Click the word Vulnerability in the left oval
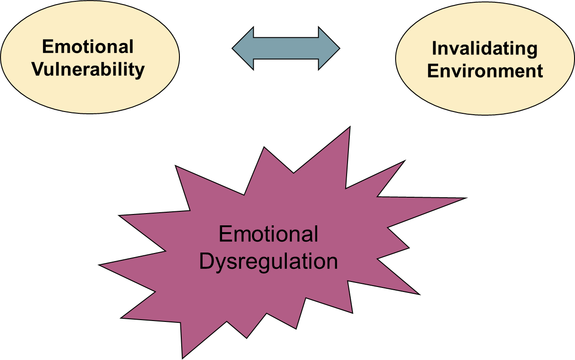(88, 70)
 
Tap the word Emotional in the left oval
(88, 47)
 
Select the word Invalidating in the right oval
(485, 49)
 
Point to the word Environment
(485, 71)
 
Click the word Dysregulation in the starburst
(268, 262)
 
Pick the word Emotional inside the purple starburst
(268, 234)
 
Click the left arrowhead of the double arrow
(242, 48)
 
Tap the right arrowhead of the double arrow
(330, 48)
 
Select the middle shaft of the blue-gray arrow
(286, 48)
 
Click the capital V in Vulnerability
(38, 70)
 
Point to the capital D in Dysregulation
(206, 262)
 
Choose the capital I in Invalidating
(435, 49)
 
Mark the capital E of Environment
(433, 71)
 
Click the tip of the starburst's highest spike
(349, 129)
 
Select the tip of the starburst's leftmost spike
(101, 265)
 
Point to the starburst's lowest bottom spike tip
(184, 356)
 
